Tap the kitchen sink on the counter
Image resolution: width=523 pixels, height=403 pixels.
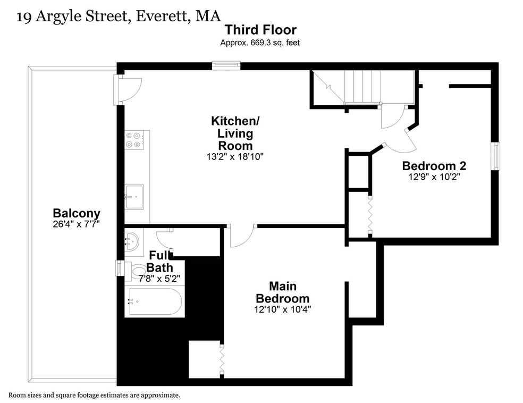[134, 197]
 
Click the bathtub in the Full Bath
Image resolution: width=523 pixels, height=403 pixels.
[154, 301]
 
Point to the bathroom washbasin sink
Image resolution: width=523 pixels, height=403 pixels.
[132, 240]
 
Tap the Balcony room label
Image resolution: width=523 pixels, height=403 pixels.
[77, 213]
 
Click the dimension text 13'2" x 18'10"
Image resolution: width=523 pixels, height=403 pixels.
[235, 156]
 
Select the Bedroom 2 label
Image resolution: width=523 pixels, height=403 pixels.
[434, 166]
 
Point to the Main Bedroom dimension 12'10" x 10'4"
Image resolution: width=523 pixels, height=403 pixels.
[283, 309]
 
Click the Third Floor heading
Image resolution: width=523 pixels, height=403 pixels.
[260, 30]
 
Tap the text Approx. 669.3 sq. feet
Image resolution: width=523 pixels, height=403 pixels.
[260, 43]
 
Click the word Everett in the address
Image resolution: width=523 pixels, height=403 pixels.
[162, 16]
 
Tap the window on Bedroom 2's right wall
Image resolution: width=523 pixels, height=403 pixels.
[496, 156]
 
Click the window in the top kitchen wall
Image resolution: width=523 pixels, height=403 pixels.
[226, 65]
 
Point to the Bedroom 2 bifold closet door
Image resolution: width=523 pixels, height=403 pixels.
[370, 215]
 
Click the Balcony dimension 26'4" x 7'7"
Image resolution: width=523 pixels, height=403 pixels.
[77, 224]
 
